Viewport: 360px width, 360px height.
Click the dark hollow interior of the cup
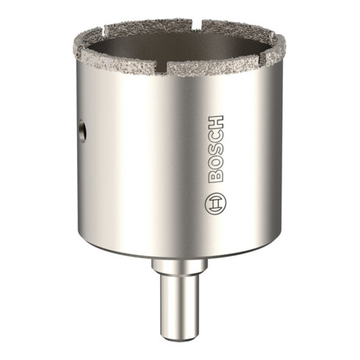[176, 43]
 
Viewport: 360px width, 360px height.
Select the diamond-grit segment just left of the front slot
[125, 60]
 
